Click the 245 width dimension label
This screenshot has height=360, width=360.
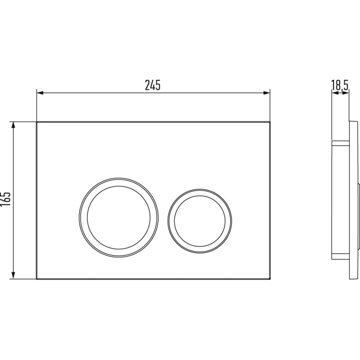tap(153, 85)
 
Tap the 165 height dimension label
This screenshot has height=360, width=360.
tap(6, 199)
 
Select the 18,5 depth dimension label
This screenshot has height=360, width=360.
tap(340, 85)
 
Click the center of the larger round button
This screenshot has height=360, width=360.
tap(118, 217)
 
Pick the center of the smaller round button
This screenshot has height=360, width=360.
tap(200, 221)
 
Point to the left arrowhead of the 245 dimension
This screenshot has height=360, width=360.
tap(40, 93)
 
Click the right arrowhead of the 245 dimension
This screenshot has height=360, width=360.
tap(266, 93)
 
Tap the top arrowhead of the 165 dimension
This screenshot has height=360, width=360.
tap(13, 125)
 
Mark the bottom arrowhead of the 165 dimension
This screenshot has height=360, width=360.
tap(13, 275)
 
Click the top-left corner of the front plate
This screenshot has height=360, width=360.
tap(36, 122)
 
